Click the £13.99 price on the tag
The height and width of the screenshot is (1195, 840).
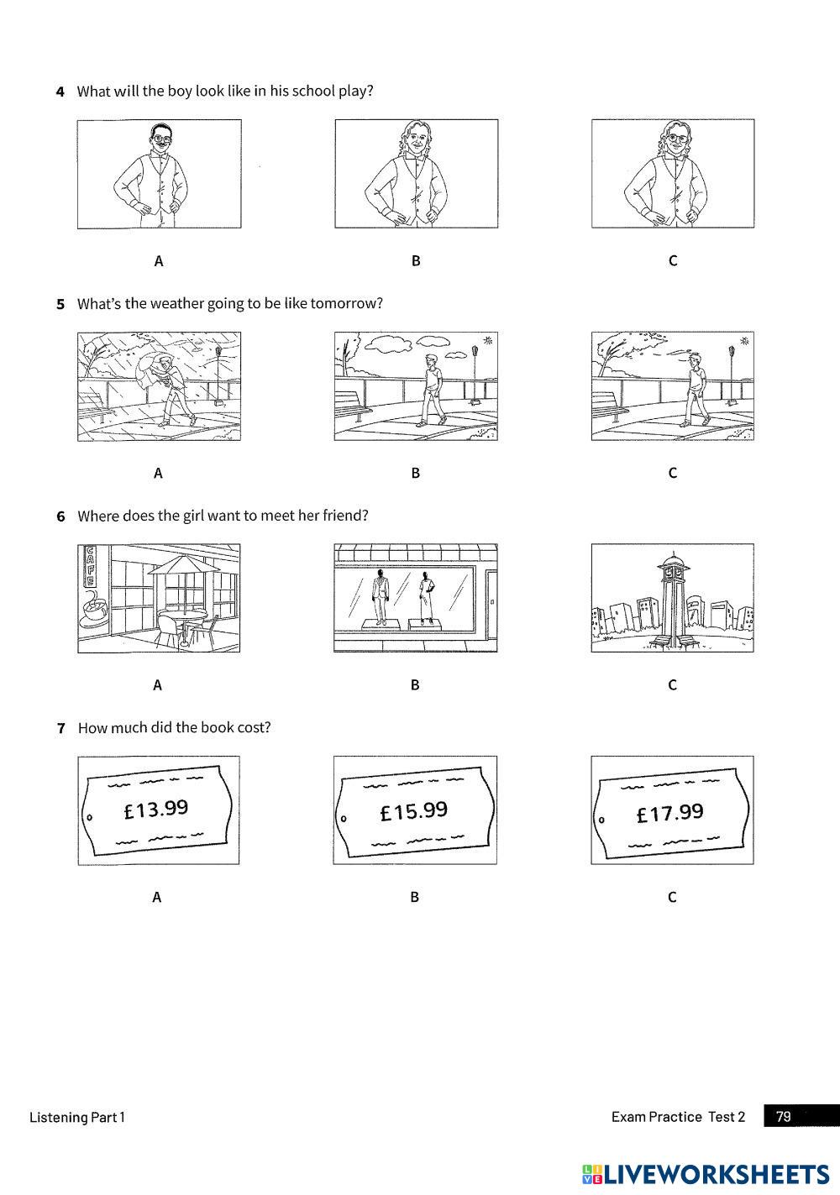[x=156, y=810]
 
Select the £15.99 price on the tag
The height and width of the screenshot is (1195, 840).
[x=414, y=811]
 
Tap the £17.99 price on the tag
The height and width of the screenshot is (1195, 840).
[x=670, y=813]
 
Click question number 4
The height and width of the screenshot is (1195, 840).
[x=60, y=92]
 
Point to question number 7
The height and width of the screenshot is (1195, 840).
[x=60, y=728]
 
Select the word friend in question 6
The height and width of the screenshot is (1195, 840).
[x=344, y=516]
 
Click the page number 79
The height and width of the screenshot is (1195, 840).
[x=784, y=1116]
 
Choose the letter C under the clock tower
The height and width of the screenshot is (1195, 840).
[x=672, y=685]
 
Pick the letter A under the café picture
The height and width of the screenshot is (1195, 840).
[x=157, y=685]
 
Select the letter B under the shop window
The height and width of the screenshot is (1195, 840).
[x=415, y=685]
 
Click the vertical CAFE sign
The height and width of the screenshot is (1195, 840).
[x=87, y=568]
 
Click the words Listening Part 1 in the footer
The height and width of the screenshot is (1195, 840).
[x=77, y=1117]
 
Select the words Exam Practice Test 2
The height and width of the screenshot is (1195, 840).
[x=678, y=1117]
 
